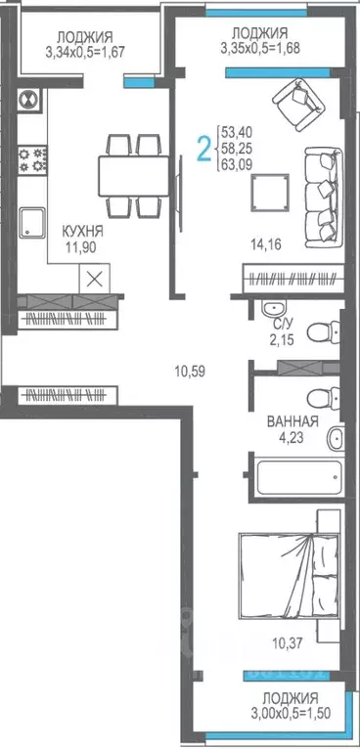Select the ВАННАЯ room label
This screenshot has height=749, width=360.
(x=292, y=422)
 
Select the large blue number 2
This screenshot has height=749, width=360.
(x=203, y=150)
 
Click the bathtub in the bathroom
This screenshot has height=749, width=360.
(x=293, y=476)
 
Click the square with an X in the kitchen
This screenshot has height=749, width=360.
(x=95, y=277)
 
